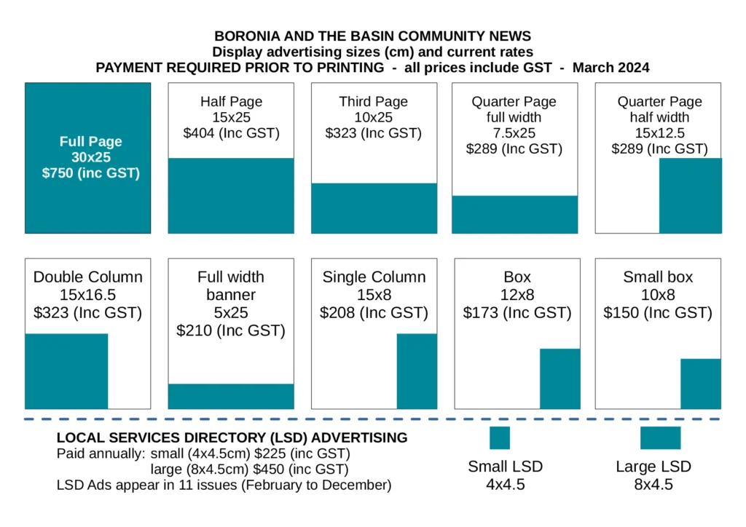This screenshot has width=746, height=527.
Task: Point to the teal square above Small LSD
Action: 500,437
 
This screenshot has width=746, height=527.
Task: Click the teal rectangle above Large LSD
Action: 660,437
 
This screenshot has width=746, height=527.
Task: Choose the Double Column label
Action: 88,277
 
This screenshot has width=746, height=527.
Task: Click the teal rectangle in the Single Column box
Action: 417,371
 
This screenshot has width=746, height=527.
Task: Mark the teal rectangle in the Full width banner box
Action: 231,396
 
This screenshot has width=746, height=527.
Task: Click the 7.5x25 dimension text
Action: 514,133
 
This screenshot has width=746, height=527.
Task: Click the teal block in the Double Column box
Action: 66,371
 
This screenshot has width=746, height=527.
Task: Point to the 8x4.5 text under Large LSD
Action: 653,485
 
